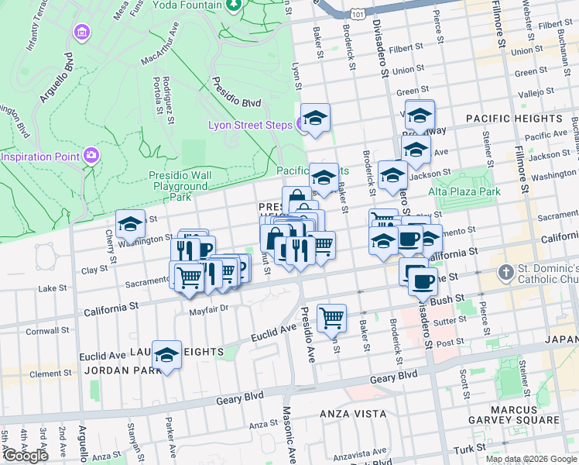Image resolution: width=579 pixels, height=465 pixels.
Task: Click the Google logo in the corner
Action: point(25,456)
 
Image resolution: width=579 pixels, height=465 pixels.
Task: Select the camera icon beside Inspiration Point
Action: point(91,156)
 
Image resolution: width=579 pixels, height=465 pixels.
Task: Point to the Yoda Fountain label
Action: point(187,5)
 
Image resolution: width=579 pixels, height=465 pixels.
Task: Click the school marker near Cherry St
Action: point(130,225)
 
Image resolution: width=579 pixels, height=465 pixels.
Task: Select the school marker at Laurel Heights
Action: point(166,356)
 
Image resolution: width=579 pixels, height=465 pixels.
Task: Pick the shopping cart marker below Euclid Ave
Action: point(331,316)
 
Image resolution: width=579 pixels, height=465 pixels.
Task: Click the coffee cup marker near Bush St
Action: point(423,281)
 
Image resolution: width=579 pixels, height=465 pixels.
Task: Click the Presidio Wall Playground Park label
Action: point(180,186)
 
